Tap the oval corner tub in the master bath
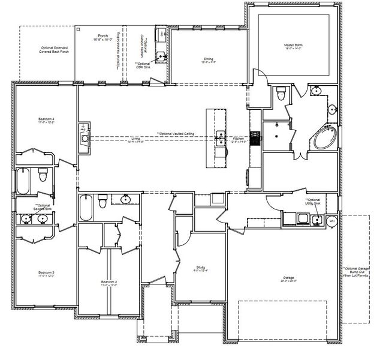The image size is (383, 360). pos(323,139)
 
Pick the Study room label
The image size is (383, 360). pos(201,269)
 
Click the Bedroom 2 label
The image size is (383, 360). pos(108,283)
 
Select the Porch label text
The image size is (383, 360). pos(102,38)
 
